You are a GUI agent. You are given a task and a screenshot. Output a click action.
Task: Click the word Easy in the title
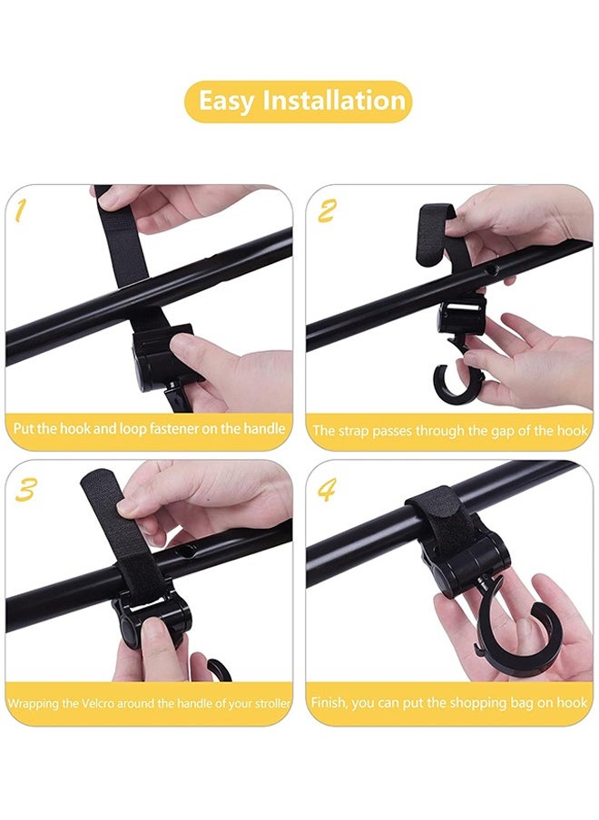coord(226,102)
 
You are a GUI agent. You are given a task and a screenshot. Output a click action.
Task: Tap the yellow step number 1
coord(20,210)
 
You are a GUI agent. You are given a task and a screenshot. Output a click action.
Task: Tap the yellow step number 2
coord(326,211)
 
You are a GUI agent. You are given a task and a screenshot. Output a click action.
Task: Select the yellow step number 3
coord(25,490)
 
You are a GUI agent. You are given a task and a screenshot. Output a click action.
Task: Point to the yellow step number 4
coord(327,490)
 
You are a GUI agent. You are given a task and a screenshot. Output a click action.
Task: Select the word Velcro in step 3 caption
coord(98,703)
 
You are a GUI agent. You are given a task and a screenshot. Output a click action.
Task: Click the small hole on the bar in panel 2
coord(490,270)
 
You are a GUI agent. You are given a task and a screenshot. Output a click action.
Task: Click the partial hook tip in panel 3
coord(219,669)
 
